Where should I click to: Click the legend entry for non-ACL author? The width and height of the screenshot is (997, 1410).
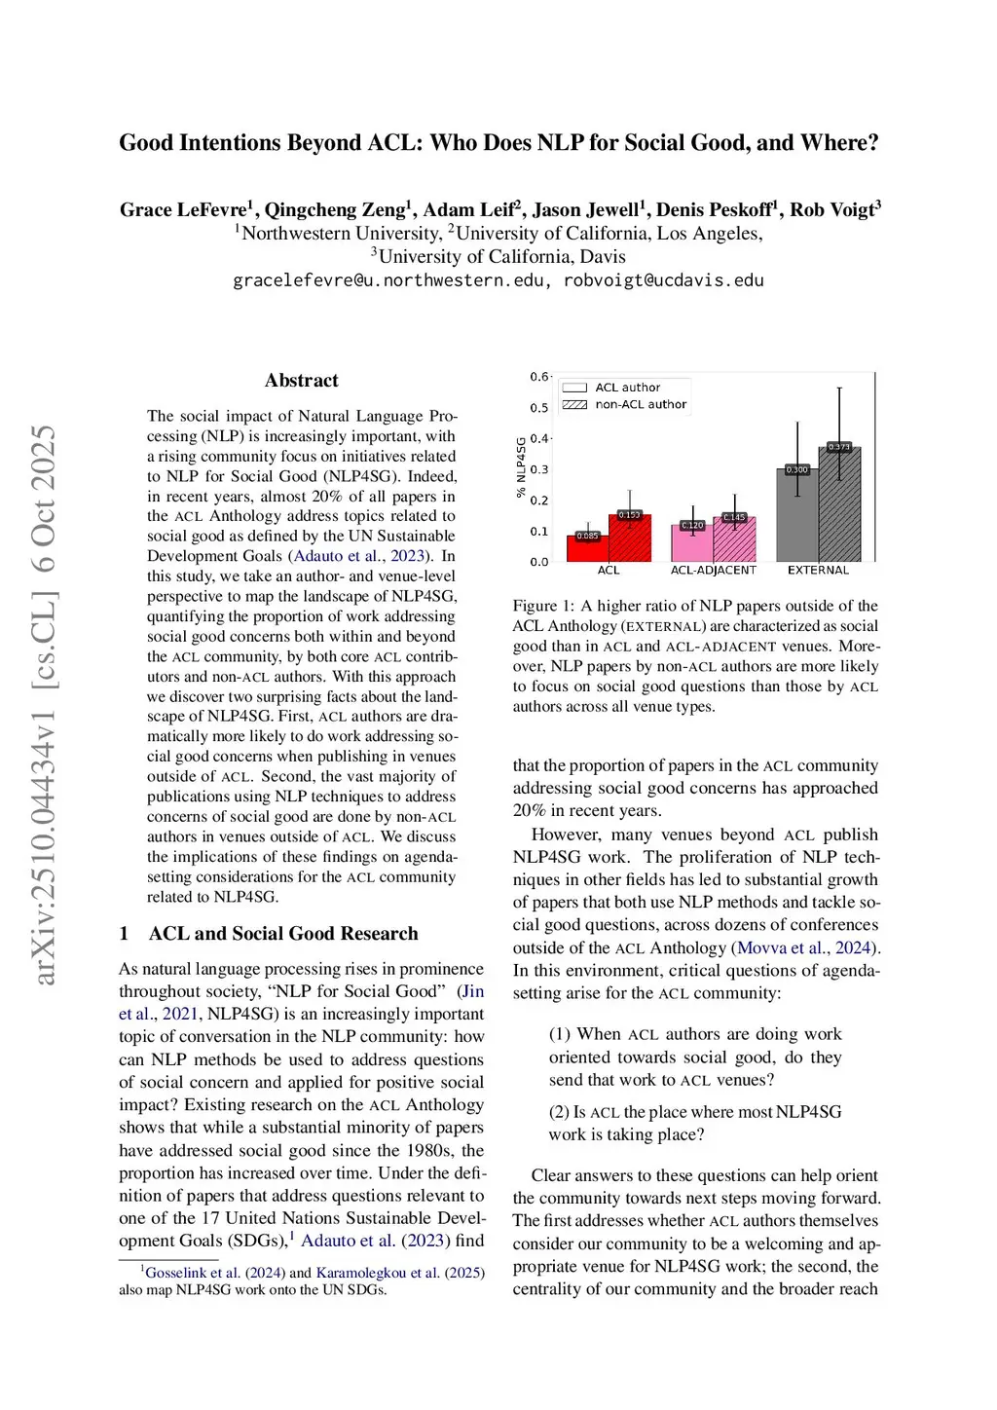(x=641, y=404)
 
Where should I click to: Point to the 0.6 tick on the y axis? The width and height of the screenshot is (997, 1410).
(x=538, y=377)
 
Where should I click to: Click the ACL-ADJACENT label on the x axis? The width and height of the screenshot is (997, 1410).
(x=713, y=570)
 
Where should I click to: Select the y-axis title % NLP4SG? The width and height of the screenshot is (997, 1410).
(x=521, y=467)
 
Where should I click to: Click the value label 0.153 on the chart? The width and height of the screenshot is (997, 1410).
(x=630, y=515)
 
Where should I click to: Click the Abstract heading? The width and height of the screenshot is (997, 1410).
(x=302, y=381)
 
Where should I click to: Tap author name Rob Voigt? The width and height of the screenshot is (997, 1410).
(x=831, y=209)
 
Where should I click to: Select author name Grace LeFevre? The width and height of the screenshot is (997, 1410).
(x=183, y=209)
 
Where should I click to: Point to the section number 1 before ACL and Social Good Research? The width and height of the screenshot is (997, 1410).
(x=125, y=934)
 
